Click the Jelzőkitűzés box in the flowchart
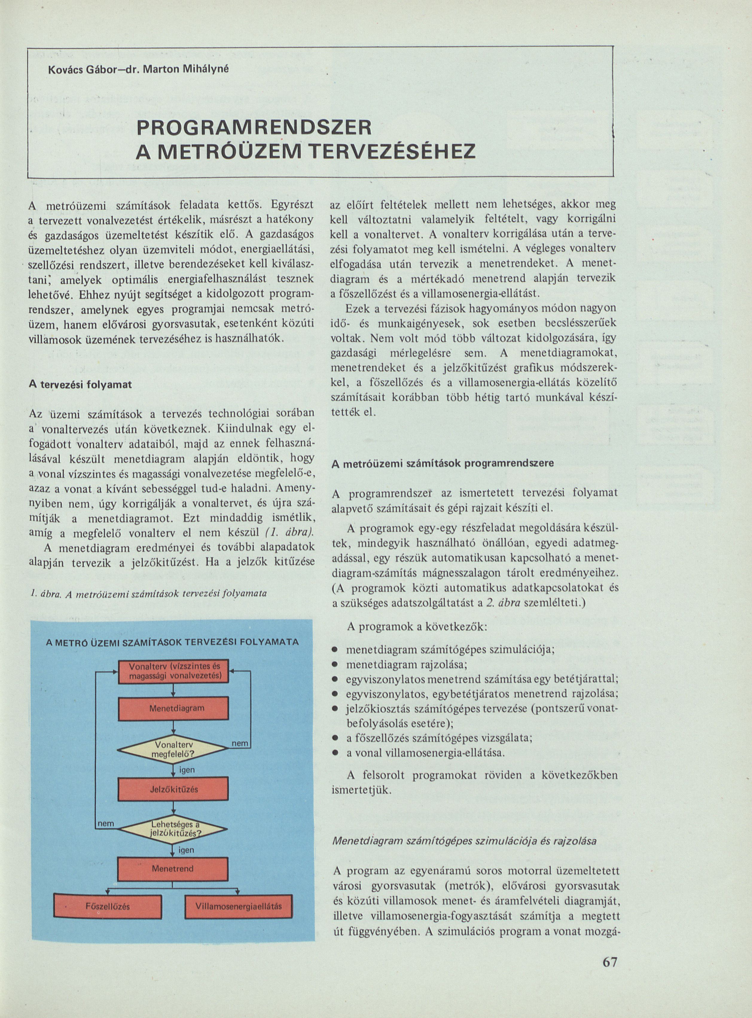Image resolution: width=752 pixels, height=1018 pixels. pyautogui.click(x=173, y=789)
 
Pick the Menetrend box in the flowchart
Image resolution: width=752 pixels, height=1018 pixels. pyautogui.click(x=173, y=869)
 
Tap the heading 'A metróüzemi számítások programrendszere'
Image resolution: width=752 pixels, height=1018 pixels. pyautogui.click(x=443, y=464)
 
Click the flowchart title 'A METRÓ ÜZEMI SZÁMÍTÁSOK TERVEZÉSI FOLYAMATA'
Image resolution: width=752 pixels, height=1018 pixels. pyautogui.click(x=173, y=642)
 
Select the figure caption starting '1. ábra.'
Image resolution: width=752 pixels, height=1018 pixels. pyautogui.click(x=148, y=594)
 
